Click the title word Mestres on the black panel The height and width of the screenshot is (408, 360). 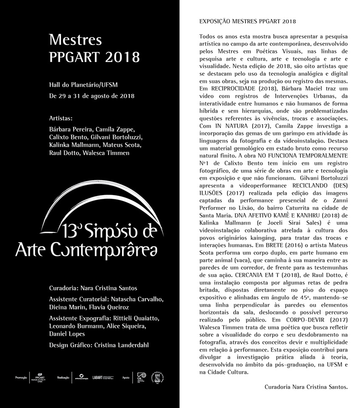tap(75, 40)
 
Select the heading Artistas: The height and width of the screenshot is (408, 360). tap(61, 117)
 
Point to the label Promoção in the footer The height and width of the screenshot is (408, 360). tap(21, 377)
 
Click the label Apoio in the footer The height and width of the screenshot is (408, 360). tap(126, 377)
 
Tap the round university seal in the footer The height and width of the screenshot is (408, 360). tap(158, 377)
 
